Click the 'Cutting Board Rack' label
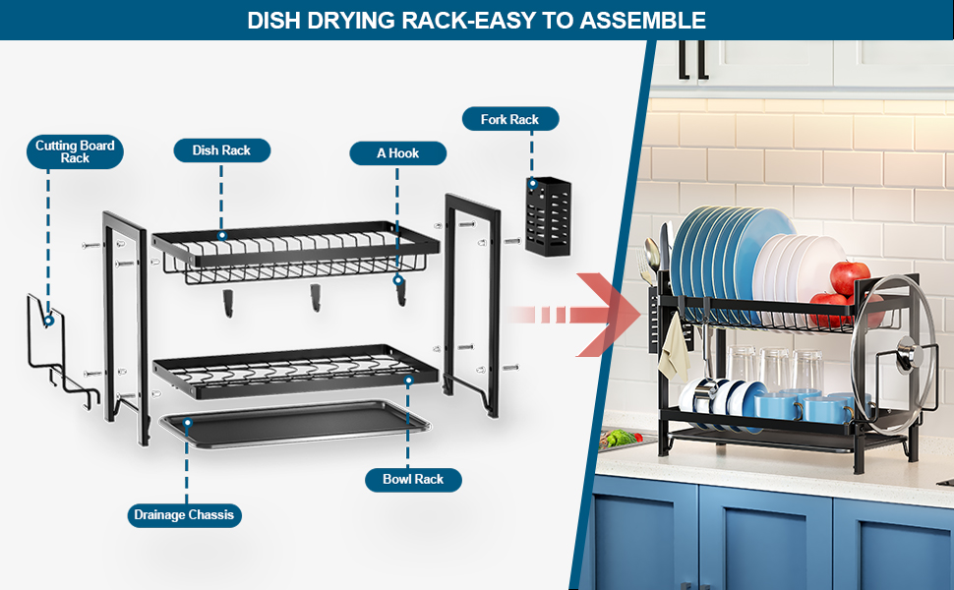(75, 151)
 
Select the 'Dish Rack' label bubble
(221, 150)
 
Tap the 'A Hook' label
(397, 152)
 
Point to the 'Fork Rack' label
(509, 120)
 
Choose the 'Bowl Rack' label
(413, 479)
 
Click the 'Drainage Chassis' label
(185, 514)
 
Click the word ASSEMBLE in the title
(639, 20)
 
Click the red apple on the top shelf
(849, 277)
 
